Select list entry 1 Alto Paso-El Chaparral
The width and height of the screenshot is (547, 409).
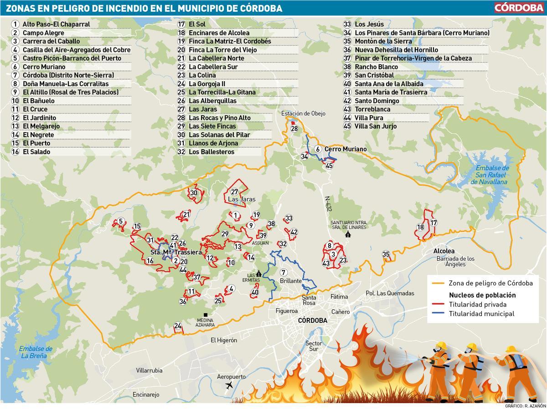coord(56,24)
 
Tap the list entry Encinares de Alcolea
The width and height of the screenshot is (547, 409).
coord(219,33)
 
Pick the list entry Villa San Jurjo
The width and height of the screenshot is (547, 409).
coord(376,126)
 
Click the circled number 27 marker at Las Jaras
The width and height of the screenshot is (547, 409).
coord(235,192)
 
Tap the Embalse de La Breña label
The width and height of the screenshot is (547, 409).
coord(36,352)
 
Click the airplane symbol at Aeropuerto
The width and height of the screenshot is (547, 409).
coord(229,386)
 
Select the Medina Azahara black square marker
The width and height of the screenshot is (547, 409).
coord(206,315)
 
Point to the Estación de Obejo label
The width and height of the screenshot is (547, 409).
coord(303,114)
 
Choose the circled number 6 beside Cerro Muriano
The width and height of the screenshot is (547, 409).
coord(318,149)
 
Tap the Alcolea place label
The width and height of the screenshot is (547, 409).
coord(444,251)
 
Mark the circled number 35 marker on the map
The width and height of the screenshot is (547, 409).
coord(386,254)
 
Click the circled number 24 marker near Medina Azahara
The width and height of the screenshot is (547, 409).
coord(178,326)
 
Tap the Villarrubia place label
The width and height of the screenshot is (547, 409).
coord(149,371)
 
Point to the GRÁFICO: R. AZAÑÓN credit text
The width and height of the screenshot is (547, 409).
coord(524,406)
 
